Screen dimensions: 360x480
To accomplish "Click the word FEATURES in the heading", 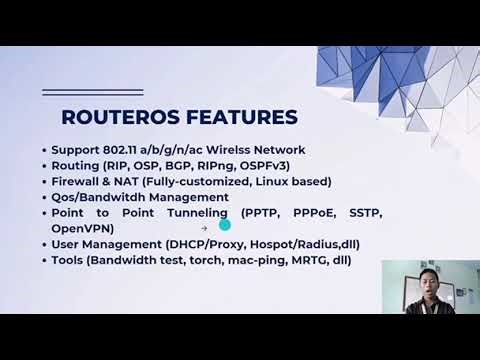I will pos(245,117).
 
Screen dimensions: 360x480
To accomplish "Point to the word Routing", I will pos(75,166).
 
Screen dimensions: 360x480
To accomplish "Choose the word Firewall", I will pos(79,182).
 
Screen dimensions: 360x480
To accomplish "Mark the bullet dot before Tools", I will pos(44,261).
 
